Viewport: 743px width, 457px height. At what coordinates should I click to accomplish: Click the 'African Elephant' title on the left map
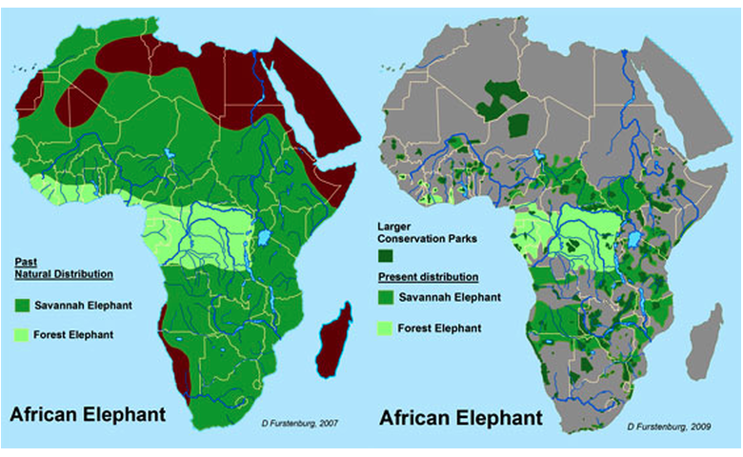click(x=88, y=414)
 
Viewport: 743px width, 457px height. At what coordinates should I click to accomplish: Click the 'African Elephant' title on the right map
click(x=461, y=417)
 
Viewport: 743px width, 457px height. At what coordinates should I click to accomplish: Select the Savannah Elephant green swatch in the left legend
click(x=24, y=306)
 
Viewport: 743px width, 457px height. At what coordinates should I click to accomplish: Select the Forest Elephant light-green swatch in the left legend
click(x=24, y=334)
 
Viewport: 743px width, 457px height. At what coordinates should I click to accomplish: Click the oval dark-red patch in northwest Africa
click(x=80, y=97)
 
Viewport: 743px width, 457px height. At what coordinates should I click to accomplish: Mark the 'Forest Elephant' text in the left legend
click(x=79, y=334)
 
